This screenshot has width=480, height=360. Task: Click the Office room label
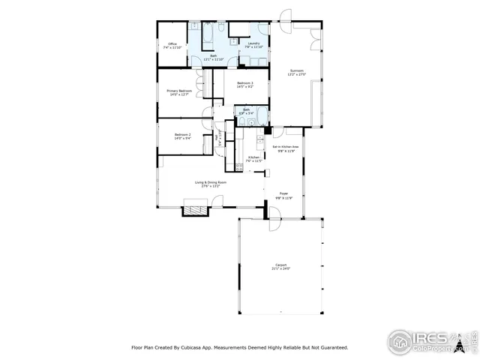(x=172, y=44)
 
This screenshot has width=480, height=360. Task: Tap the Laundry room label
(x=252, y=44)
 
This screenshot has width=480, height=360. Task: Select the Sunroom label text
(x=297, y=72)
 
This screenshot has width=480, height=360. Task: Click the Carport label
(x=281, y=266)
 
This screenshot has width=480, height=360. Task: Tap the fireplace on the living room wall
(x=194, y=211)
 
